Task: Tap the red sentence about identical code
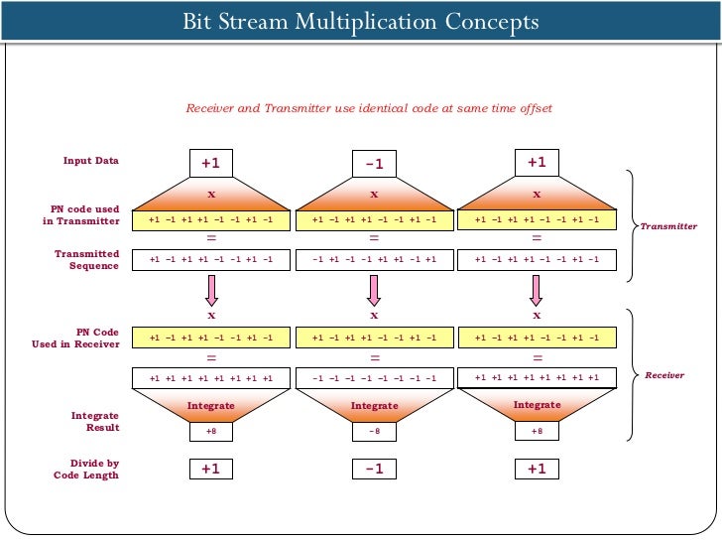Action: coord(369,108)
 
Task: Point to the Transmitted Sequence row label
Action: coord(86,259)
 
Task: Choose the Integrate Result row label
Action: coord(95,421)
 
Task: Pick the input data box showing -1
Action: coord(374,163)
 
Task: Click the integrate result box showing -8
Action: coord(374,431)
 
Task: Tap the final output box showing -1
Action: coord(374,469)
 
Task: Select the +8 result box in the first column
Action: coord(210,431)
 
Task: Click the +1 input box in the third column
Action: coord(537,162)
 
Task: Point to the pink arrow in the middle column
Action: coord(374,290)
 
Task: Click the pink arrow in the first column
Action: coord(210,290)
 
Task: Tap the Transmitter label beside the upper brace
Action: coord(668,226)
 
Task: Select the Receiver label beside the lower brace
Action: coord(664,376)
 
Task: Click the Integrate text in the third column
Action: coord(537,405)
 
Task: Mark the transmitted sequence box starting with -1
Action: coord(374,259)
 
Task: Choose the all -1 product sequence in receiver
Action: coord(374,378)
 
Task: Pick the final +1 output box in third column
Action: coord(537,469)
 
